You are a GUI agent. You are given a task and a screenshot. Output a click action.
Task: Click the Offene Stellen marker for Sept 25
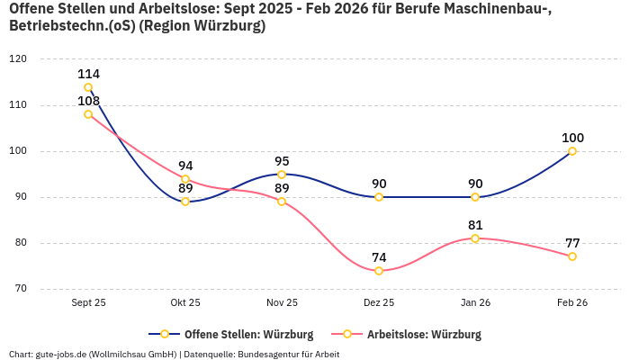(x=88, y=87)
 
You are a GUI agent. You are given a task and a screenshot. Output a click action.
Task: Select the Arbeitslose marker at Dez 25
(x=379, y=271)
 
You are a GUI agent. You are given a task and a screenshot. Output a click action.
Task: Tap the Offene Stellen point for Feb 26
(x=572, y=151)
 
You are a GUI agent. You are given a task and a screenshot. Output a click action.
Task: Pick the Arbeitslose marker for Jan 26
(x=475, y=238)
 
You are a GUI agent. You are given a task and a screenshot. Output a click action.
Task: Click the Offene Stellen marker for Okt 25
(x=185, y=202)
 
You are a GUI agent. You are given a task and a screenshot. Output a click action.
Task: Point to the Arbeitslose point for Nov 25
(x=282, y=202)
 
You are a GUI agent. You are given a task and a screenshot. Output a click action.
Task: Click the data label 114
(x=88, y=74)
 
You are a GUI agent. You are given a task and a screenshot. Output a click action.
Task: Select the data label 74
(x=379, y=256)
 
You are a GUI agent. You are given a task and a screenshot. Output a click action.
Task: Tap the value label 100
(x=572, y=138)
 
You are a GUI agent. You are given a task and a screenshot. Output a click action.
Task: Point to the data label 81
(x=475, y=225)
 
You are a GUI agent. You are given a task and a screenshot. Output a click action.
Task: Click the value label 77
(x=572, y=243)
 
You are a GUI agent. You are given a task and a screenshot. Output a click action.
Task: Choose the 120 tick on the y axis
(x=17, y=59)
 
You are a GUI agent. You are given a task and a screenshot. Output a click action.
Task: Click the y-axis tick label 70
(x=20, y=289)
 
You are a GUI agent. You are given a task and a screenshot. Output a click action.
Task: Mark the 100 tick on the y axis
(x=17, y=151)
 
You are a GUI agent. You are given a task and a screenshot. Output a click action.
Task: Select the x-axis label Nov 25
(x=282, y=303)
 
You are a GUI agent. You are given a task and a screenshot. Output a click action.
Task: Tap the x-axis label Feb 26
(x=572, y=303)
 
